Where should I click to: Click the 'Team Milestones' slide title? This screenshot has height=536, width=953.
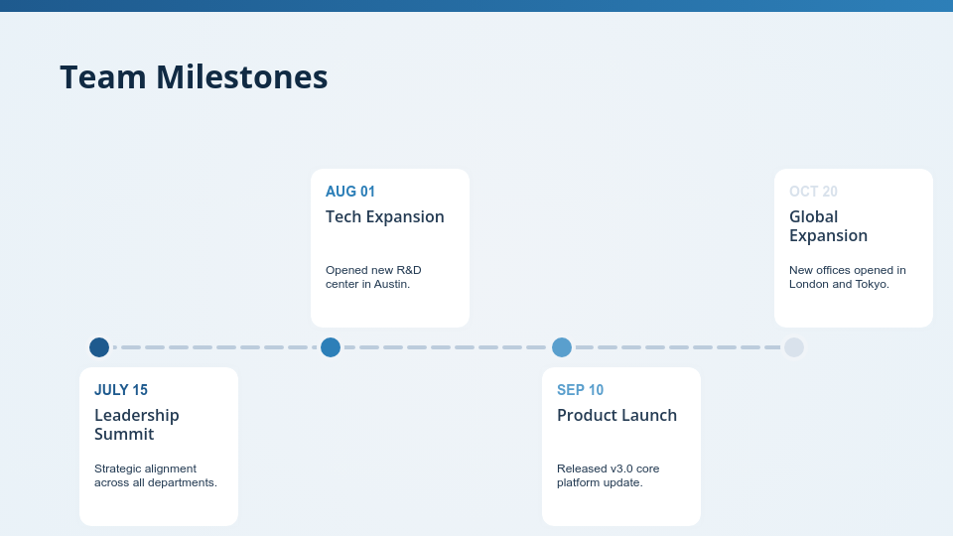click(194, 77)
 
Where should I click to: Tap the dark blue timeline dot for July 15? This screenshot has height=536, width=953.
click(99, 347)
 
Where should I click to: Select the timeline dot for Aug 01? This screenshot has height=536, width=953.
click(331, 347)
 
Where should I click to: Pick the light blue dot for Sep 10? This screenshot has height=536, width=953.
click(562, 347)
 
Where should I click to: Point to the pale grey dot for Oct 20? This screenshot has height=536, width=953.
click(794, 347)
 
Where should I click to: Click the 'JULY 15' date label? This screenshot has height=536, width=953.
click(121, 390)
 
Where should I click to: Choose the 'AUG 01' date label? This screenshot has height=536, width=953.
click(350, 192)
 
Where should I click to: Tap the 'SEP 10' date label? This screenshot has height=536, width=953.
click(581, 390)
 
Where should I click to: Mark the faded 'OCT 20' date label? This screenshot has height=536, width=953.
click(813, 192)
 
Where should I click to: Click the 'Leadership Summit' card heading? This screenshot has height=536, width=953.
click(137, 424)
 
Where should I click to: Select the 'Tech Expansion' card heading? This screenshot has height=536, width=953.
click(385, 217)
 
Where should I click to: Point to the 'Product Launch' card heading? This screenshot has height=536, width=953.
click(616, 415)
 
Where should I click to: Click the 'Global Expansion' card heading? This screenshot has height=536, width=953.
click(828, 226)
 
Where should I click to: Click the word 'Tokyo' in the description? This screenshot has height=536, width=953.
click(873, 284)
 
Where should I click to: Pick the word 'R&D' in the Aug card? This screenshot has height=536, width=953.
click(408, 270)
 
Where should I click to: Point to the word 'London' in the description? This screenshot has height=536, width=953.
click(809, 284)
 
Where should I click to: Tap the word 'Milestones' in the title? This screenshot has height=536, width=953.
click(242, 77)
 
